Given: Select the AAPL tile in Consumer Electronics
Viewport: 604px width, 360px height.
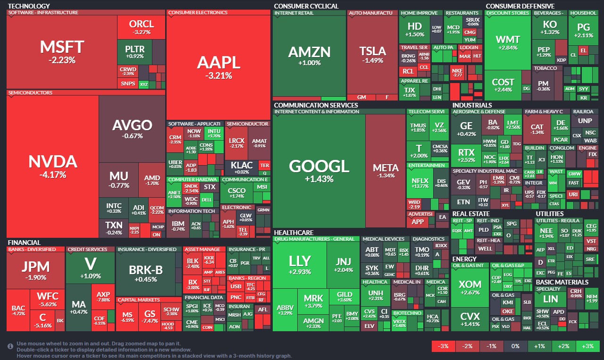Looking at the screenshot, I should click(218, 66).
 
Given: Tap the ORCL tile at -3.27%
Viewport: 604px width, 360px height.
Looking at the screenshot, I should click(141, 27).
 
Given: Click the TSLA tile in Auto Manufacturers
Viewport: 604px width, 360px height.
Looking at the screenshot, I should click(372, 54).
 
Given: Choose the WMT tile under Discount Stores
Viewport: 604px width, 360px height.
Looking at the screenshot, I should click(508, 42).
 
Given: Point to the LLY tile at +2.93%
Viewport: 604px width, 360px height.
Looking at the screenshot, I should click(300, 264).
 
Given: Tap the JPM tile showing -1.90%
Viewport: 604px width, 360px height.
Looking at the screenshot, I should click(35, 270).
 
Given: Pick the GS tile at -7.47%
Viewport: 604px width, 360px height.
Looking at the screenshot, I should click(150, 317).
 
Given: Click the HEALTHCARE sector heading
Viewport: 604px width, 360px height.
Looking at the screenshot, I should click(294, 233).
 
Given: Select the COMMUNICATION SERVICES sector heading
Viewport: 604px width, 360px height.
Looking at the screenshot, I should click(316, 105).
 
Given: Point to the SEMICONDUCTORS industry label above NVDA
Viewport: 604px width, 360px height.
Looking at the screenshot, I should click(30, 93).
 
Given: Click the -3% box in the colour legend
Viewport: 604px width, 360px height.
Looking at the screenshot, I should click(443, 346).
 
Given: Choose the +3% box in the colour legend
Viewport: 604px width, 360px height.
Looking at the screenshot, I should click(587, 346).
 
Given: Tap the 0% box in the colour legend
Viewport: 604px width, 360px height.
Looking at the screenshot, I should click(515, 346).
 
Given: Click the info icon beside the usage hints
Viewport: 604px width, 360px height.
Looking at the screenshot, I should click(10, 346).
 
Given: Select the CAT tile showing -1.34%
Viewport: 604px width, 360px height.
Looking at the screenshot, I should click(537, 129).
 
